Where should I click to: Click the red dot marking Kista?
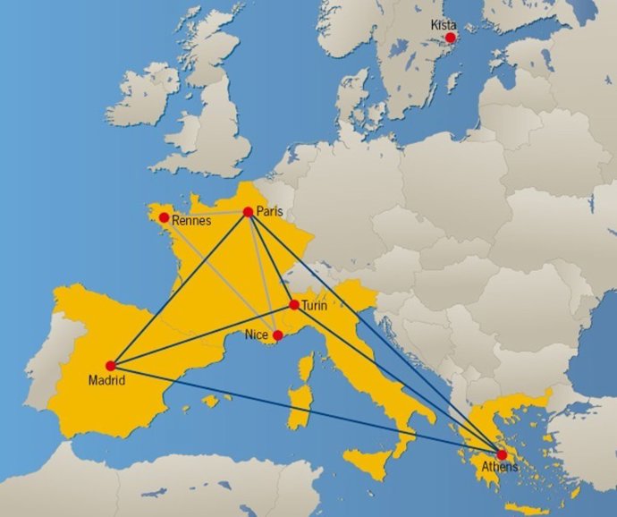(x=451, y=38)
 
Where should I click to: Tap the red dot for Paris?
(x=248, y=212)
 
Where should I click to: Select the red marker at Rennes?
(x=164, y=217)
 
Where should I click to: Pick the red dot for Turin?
(x=294, y=305)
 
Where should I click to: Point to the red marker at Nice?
(x=278, y=335)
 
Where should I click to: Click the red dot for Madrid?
(x=110, y=366)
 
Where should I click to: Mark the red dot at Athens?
(x=502, y=455)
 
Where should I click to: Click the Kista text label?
(x=444, y=25)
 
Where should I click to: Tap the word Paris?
(x=269, y=211)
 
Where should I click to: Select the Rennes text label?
(x=191, y=220)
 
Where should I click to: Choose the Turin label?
(x=314, y=306)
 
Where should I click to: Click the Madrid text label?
(x=106, y=381)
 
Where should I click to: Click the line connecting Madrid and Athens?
(x=304, y=410)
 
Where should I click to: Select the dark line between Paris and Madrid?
(x=179, y=289)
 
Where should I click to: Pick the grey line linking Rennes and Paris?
(x=206, y=215)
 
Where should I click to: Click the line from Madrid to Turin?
(x=202, y=335)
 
